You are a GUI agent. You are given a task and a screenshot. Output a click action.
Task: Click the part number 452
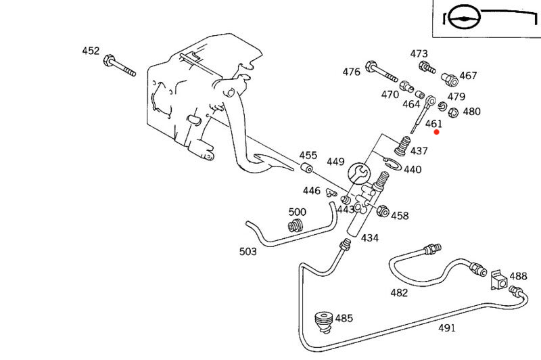tap(91, 51)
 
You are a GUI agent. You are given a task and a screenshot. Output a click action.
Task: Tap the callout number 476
tap(351, 72)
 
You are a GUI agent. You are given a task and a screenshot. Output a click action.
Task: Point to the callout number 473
tap(419, 53)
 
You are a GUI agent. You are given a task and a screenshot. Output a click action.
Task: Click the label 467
tap(468, 76)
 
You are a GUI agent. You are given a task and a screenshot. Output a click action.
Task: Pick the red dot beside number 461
tap(436, 132)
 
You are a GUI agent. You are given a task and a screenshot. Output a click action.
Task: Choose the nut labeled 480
tap(454, 112)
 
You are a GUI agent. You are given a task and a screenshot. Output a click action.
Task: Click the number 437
tap(419, 150)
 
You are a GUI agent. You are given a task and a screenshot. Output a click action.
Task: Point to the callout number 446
tap(311, 191)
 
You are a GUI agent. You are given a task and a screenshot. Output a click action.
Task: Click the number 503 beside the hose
tap(248, 252)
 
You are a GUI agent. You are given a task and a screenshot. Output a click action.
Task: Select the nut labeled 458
tap(381, 212)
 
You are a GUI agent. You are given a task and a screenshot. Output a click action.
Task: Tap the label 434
tap(369, 238)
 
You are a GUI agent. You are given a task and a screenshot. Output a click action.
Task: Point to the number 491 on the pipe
tap(446, 328)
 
